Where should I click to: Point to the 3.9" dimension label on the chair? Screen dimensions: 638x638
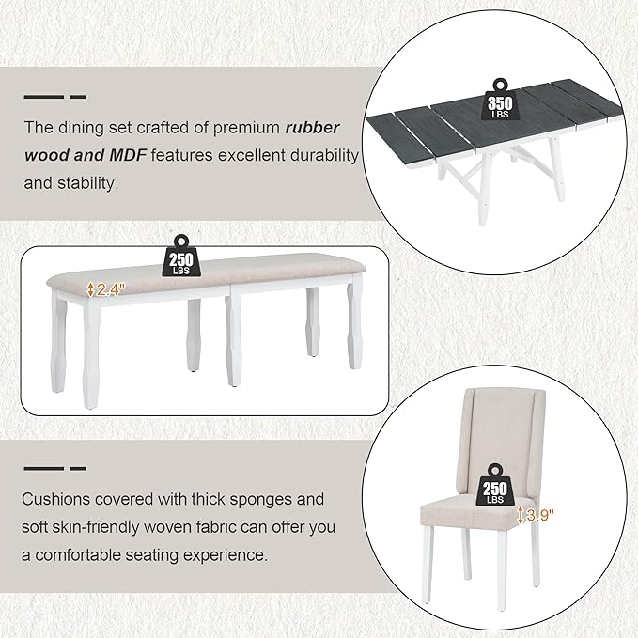(537, 514)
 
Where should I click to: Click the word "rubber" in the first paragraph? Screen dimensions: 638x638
(313, 127)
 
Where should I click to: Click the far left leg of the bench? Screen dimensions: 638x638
(91, 357)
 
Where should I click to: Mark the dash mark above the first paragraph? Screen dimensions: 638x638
(54, 97)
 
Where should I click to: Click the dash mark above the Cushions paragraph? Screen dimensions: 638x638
(54, 467)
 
